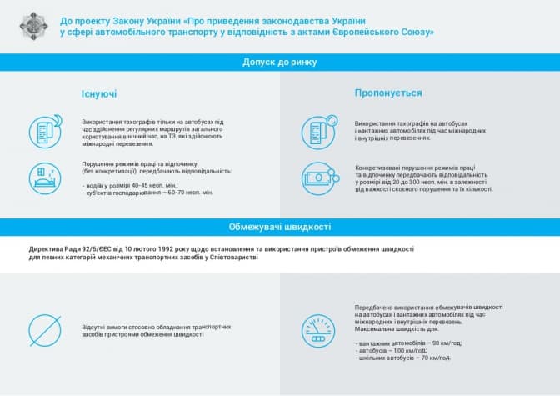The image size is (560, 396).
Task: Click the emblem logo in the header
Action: (x=32, y=26)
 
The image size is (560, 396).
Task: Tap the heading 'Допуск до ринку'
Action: (x=279, y=63)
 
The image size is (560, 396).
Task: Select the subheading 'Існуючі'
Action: (x=99, y=94)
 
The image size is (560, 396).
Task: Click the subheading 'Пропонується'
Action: (x=387, y=93)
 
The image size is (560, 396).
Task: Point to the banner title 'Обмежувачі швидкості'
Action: (x=279, y=227)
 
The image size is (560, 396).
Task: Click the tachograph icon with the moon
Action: (x=47, y=131)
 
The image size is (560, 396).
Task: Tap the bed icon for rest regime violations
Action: (x=46, y=177)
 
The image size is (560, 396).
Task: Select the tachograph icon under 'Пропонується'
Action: (x=319, y=129)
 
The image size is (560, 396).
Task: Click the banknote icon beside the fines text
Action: (x=319, y=177)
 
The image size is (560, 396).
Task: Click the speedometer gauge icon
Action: (x=319, y=329)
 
